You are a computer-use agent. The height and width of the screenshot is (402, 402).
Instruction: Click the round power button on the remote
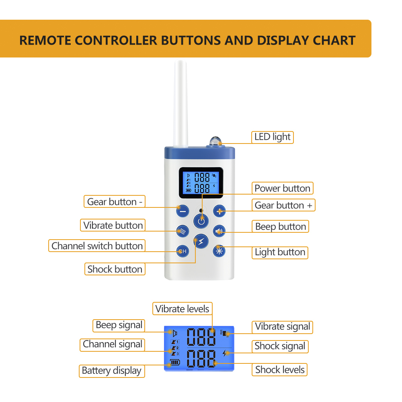pos(201,221)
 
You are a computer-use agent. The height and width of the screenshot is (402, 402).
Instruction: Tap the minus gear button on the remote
pos(183,211)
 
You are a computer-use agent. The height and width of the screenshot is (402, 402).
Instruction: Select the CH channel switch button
pos(183,251)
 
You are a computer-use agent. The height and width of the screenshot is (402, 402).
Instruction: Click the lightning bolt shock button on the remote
pos(201,241)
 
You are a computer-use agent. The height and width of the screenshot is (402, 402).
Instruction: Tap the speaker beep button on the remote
pos(219,231)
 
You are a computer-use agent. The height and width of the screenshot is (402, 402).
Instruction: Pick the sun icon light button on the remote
pos(219,251)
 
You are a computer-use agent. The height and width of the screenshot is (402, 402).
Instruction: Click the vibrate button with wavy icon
pos(183,231)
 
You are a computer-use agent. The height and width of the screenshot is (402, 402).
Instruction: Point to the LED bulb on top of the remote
pos(215,141)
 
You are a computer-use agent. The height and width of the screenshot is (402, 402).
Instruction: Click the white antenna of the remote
pos(180,104)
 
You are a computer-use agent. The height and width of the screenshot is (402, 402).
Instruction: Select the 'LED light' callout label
pos(272,137)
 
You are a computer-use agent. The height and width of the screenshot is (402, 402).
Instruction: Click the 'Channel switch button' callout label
pos(97,246)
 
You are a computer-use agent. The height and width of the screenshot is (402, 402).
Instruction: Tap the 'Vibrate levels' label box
pos(182,309)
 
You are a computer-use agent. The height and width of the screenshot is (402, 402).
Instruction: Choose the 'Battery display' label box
pos(112,371)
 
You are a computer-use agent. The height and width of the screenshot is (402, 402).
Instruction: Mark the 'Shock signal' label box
pos(280,347)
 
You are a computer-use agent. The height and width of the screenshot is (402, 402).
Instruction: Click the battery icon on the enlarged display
pos(175,362)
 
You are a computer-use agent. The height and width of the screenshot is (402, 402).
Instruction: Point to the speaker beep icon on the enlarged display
pos(175,333)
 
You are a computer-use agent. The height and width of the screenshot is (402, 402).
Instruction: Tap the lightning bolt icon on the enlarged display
pos(226,353)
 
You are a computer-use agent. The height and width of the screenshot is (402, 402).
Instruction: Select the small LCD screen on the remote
pos(201,183)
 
